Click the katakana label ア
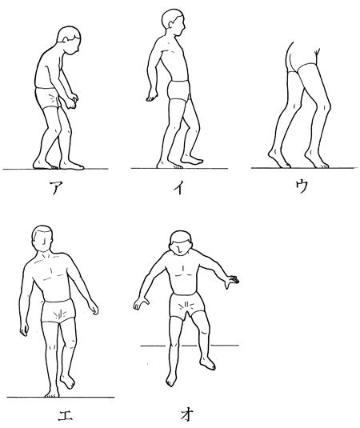click(x=56, y=187)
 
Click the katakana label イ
click(x=178, y=187)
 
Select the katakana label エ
click(x=66, y=414)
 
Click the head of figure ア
click(x=70, y=40)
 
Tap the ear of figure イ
click(x=171, y=24)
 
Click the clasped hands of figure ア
click(x=72, y=101)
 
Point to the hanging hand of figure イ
click(x=151, y=95)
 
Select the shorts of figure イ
click(x=178, y=90)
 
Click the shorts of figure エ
click(x=58, y=311)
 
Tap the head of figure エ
click(x=42, y=238)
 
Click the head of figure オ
click(x=181, y=243)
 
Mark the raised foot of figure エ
click(x=67, y=381)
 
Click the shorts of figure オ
click(x=187, y=305)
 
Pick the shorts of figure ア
click(x=48, y=98)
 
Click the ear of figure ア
click(x=66, y=39)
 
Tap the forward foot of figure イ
click(x=192, y=159)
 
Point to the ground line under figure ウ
click(x=304, y=167)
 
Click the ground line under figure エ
click(x=61, y=397)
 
